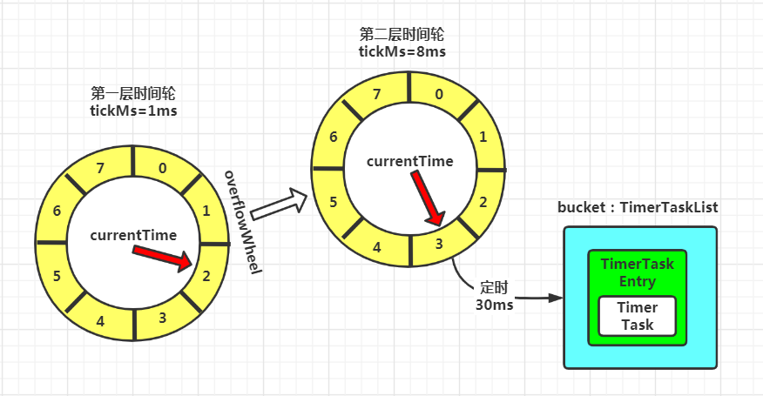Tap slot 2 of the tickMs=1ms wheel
(x=206, y=277)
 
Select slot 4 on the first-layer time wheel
(x=100, y=321)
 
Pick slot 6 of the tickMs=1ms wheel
(x=57, y=211)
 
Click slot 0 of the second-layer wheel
(x=438, y=94)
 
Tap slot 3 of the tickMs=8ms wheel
(x=438, y=243)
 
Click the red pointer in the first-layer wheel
(x=165, y=257)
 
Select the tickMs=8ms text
(x=402, y=51)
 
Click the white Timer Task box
(x=637, y=316)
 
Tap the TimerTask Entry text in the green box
(x=637, y=272)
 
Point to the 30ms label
(x=494, y=305)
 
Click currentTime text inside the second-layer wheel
(x=409, y=161)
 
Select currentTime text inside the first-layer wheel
(x=133, y=235)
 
